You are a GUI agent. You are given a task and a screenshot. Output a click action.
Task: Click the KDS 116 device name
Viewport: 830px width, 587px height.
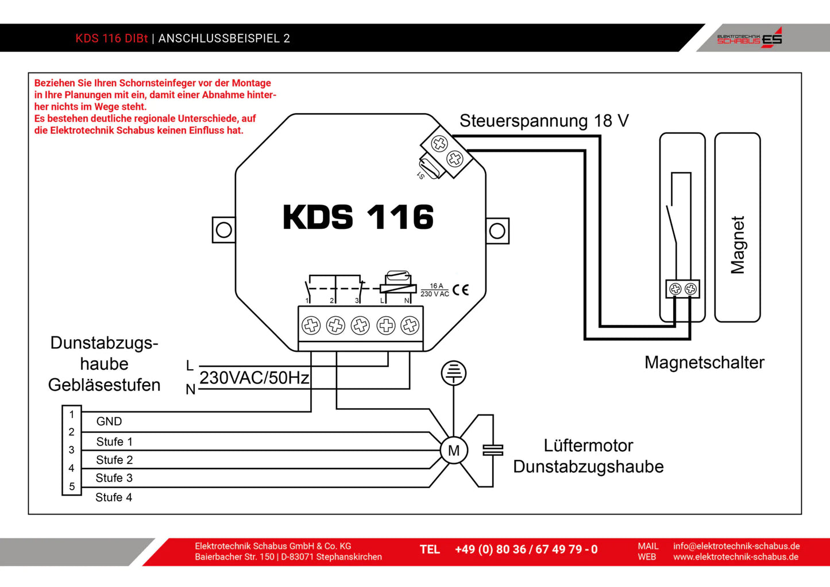click(358, 217)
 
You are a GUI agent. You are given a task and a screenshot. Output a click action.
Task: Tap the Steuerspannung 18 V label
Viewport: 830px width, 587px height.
click(543, 121)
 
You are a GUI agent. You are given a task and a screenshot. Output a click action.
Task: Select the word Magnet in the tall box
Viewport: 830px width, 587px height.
click(738, 245)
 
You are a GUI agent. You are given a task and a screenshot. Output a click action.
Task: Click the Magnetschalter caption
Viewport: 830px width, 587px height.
click(704, 362)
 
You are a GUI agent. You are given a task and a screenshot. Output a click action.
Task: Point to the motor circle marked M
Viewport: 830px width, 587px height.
click(454, 451)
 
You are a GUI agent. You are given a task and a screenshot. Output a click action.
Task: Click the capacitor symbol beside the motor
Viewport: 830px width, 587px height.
click(493, 450)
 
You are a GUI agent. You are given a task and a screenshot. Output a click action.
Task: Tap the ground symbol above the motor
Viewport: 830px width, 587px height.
click(454, 373)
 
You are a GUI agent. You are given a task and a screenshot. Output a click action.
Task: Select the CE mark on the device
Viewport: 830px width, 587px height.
click(460, 290)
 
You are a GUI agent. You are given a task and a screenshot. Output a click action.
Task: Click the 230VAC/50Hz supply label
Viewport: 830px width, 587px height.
click(254, 378)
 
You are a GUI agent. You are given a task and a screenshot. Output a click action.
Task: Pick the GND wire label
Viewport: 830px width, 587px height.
click(109, 421)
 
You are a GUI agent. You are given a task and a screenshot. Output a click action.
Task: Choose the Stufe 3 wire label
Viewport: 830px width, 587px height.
click(114, 478)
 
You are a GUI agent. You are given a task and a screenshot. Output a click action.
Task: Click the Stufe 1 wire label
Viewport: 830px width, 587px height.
click(114, 442)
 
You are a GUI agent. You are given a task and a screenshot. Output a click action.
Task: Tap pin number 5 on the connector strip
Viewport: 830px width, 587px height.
click(72, 486)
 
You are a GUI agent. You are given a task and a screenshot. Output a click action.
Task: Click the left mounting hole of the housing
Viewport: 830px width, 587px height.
click(223, 230)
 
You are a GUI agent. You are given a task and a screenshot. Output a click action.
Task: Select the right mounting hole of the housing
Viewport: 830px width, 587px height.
click(497, 231)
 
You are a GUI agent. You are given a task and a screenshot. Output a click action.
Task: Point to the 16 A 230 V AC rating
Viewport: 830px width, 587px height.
click(435, 290)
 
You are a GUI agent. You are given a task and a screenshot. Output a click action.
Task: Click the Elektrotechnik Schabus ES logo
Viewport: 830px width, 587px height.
click(749, 38)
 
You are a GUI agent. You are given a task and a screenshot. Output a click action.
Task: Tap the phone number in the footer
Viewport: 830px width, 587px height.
click(526, 550)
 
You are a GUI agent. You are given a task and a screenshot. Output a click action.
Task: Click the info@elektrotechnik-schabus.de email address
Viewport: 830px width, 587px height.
click(736, 546)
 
